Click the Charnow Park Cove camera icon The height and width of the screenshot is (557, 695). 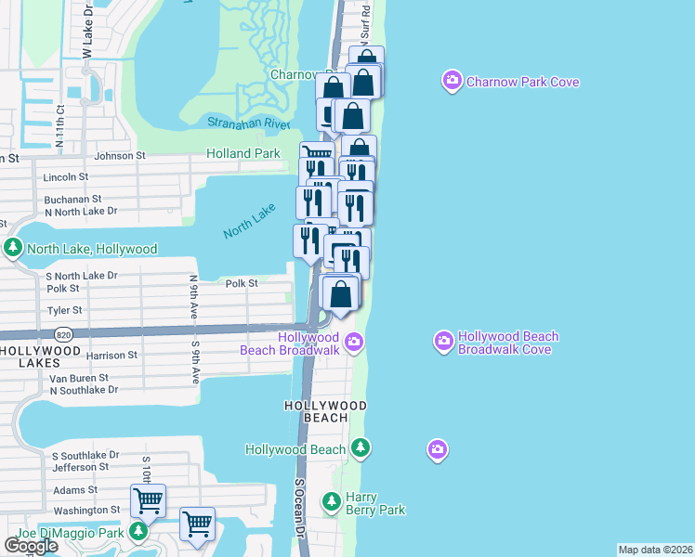452,82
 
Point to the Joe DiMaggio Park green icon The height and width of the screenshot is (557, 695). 138,533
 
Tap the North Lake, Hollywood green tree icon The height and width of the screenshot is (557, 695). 13,248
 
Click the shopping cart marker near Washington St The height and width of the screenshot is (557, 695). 149,501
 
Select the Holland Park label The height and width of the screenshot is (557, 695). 243,153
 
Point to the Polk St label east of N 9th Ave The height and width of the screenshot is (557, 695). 241,283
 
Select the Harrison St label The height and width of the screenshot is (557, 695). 111,355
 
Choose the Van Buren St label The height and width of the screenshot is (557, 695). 79,378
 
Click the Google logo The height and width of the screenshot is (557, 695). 31,546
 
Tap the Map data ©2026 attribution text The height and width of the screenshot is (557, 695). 655,550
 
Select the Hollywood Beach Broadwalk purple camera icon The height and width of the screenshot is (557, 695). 353,343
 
